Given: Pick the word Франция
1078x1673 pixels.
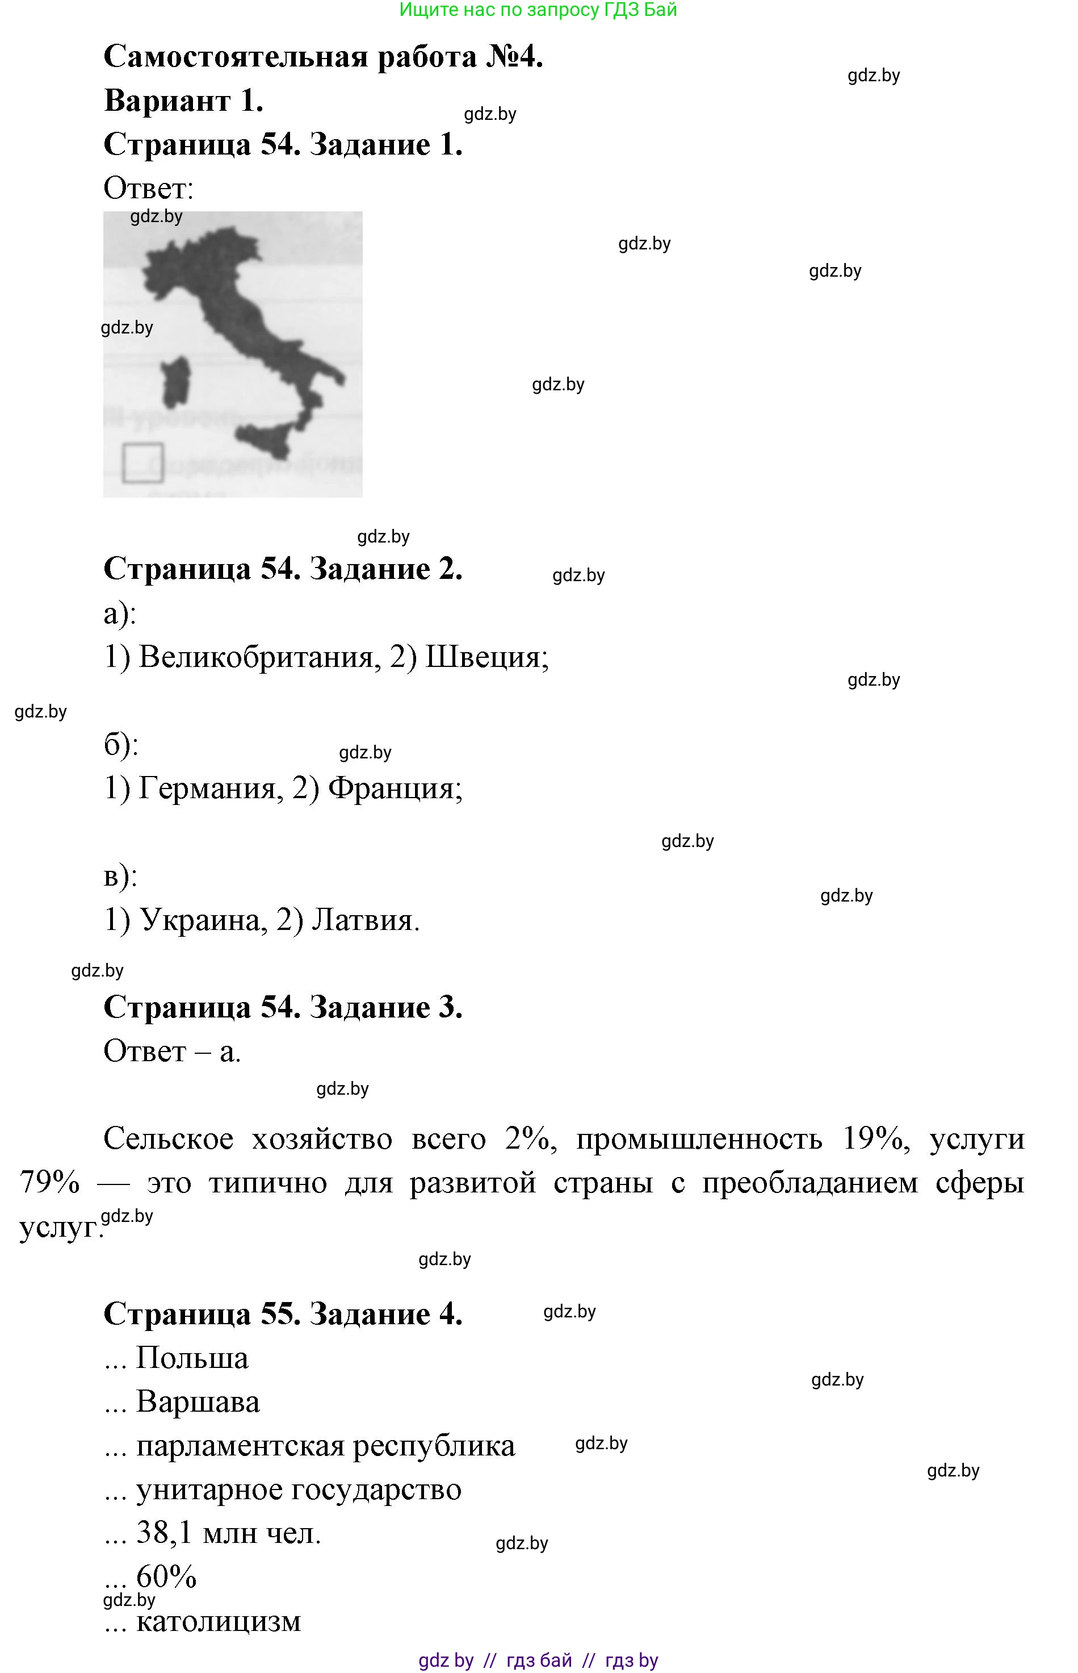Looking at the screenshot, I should (x=394, y=788).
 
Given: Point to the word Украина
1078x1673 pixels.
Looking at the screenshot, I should (x=203, y=920).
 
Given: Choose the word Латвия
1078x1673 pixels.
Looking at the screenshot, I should (x=364, y=920).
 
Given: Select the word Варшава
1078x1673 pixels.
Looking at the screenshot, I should (x=198, y=1402).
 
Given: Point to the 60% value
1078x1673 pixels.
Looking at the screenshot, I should (x=166, y=1577).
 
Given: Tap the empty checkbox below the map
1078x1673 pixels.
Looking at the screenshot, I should (x=143, y=463).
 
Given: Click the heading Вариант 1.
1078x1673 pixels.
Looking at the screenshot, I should (x=183, y=101).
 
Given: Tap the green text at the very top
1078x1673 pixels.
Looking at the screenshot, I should (x=538, y=10).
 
